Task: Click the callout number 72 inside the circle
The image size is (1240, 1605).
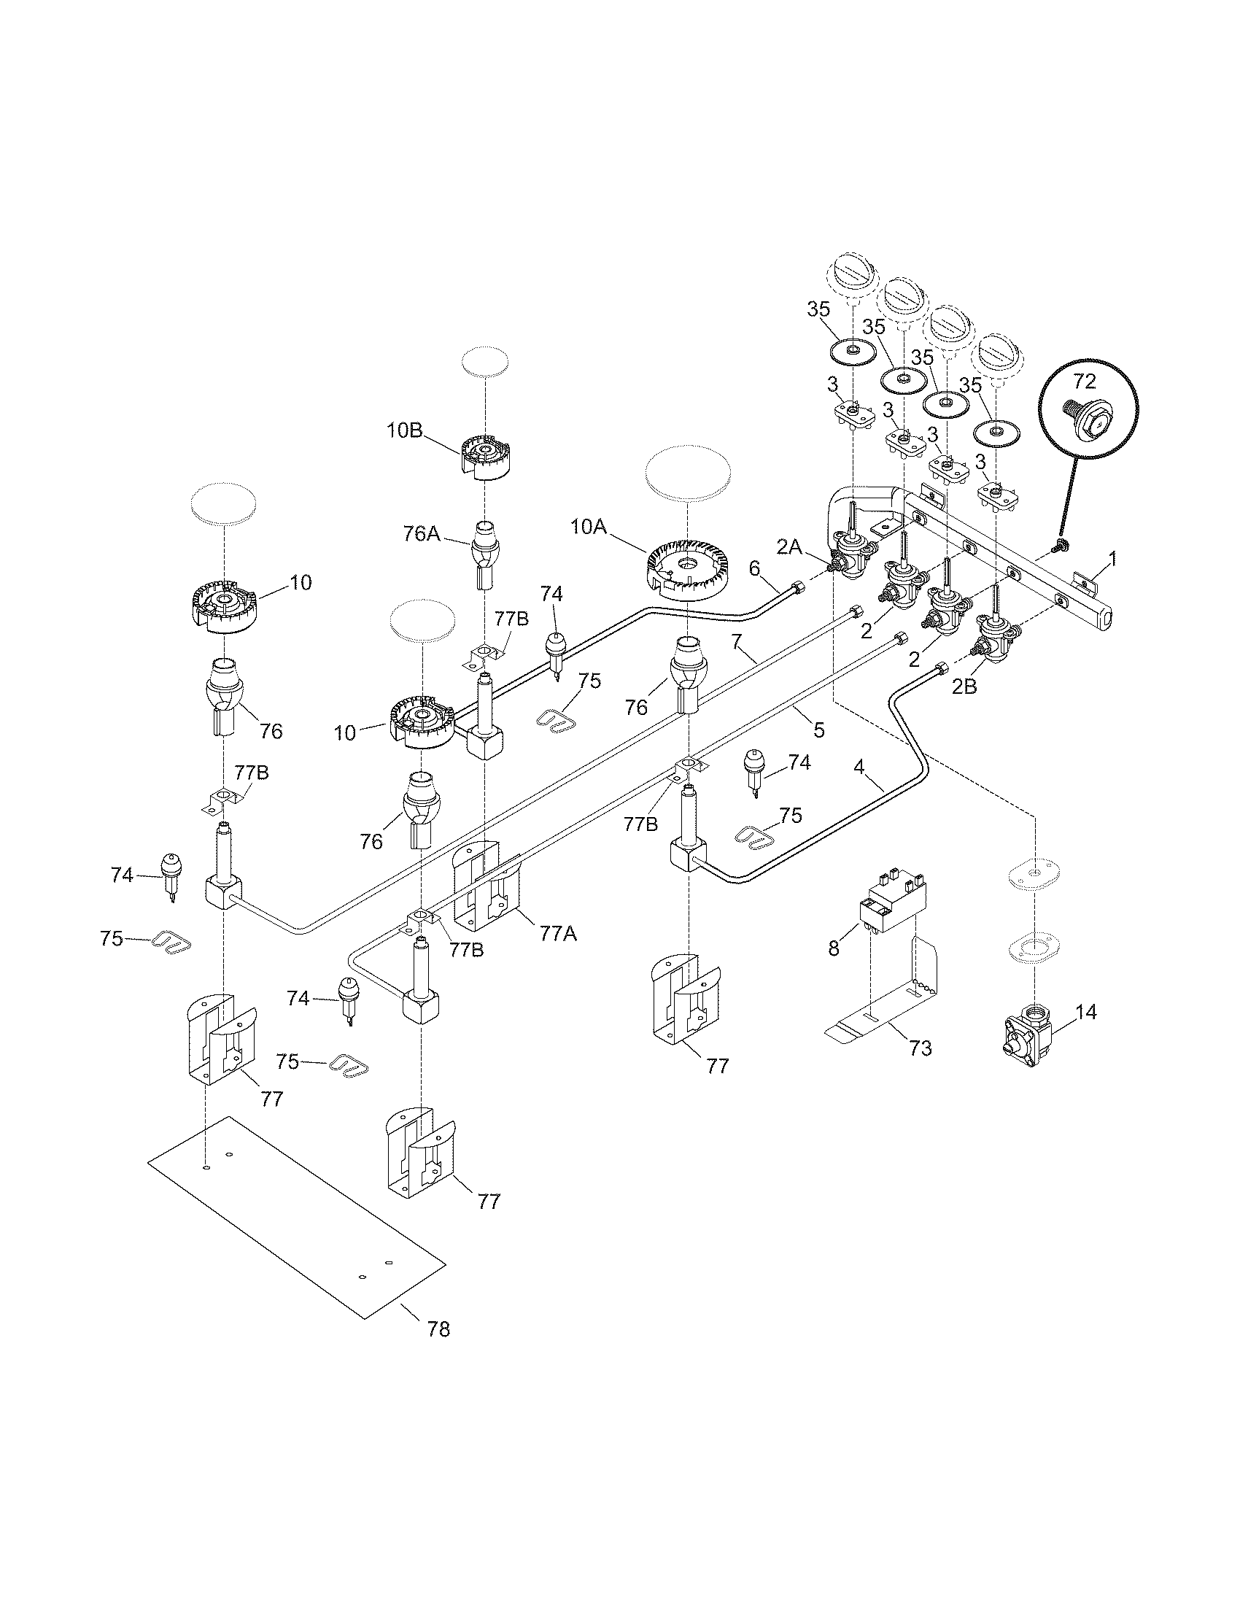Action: (x=1084, y=381)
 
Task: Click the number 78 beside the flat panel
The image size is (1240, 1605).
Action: (x=438, y=1329)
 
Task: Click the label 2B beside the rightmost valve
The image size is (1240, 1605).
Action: (x=964, y=687)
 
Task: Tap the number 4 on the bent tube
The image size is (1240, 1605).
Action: (x=859, y=767)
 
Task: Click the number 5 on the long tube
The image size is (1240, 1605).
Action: (x=819, y=730)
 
